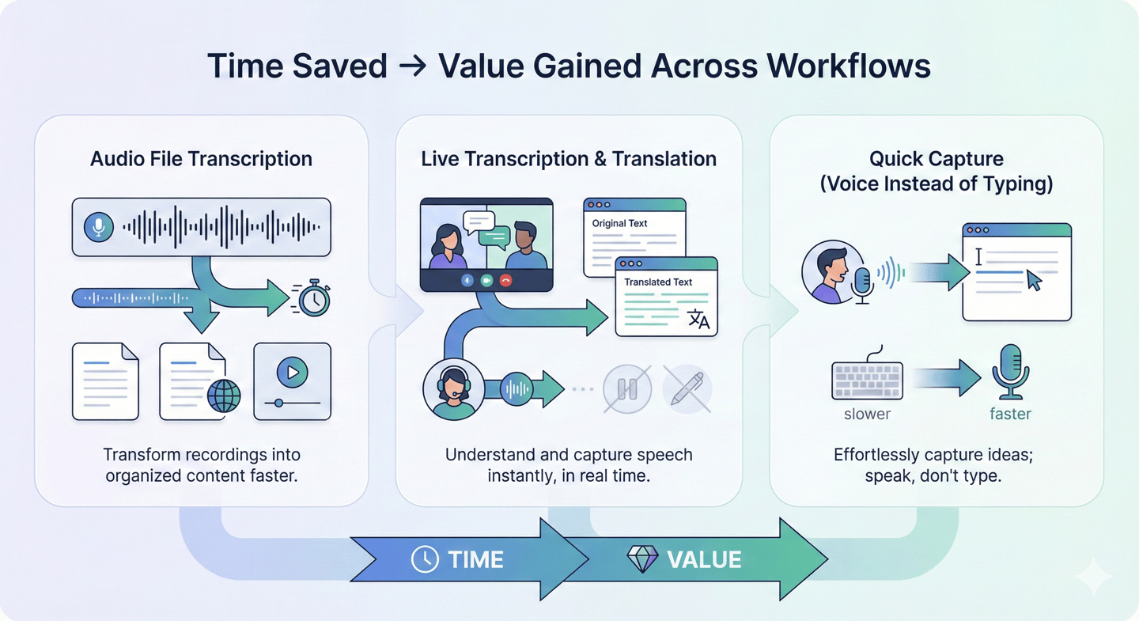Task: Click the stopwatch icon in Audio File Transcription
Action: click(x=314, y=298)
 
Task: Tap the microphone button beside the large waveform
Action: click(x=99, y=227)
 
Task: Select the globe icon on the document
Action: click(x=223, y=396)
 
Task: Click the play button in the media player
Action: click(x=292, y=372)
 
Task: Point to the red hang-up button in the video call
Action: click(x=505, y=280)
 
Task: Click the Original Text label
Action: click(x=619, y=223)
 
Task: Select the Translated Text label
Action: click(x=658, y=282)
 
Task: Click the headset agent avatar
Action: click(x=453, y=389)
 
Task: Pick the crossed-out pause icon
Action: click(x=627, y=389)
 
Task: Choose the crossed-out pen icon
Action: click(x=687, y=389)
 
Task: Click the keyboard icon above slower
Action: click(x=867, y=380)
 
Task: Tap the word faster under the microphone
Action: click(x=1010, y=414)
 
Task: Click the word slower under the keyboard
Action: click(x=867, y=414)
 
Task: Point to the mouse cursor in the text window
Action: click(x=1033, y=280)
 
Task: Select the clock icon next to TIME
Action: click(x=425, y=559)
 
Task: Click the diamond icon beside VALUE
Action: click(x=642, y=559)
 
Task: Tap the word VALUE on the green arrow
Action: click(x=704, y=559)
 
